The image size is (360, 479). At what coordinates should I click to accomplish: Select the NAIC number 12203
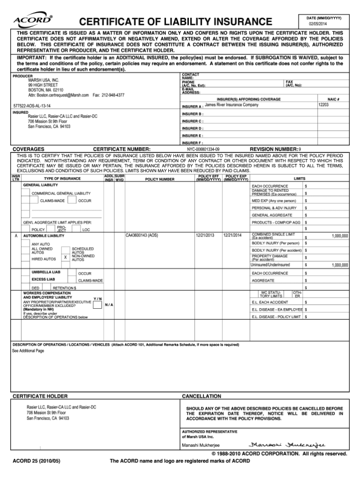click(323, 105)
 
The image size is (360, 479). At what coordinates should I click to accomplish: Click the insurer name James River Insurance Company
click(232, 105)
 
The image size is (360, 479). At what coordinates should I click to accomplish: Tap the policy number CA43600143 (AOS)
click(142, 235)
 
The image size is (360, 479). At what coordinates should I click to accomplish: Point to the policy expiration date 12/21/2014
click(232, 235)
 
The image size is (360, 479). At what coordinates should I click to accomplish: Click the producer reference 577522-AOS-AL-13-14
click(32, 106)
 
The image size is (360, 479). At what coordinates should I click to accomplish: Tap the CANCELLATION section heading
click(201, 396)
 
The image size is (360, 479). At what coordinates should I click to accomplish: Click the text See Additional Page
click(28, 350)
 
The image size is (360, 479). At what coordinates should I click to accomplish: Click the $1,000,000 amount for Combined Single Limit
click(339, 236)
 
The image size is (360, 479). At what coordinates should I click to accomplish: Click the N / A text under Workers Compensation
click(109, 304)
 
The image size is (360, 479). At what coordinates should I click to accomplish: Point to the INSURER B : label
click(192, 114)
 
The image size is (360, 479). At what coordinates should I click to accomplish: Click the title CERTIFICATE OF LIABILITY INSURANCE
click(175, 22)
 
